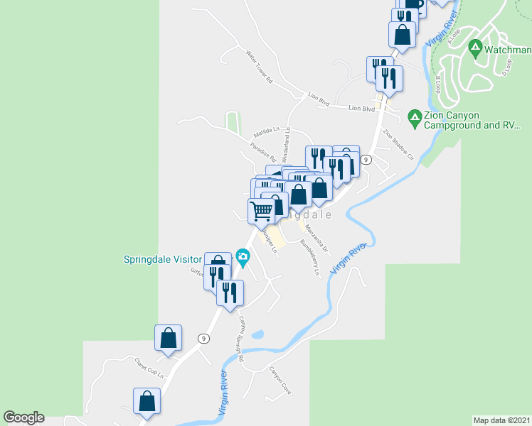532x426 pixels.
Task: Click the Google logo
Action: click(x=23, y=417)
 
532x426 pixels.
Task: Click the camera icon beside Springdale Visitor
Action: click(x=243, y=256)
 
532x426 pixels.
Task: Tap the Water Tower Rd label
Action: click(x=259, y=67)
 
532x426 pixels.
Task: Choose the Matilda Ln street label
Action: click(x=267, y=133)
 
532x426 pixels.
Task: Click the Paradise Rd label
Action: click(x=262, y=151)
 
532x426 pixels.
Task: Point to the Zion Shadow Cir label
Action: click(x=398, y=143)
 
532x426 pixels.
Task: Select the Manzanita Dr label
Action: click(x=316, y=239)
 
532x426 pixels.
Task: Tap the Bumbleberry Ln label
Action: click(x=311, y=257)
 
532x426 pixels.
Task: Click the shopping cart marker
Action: click(x=261, y=209)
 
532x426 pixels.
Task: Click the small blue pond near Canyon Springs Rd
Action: click(x=258, y=334)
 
